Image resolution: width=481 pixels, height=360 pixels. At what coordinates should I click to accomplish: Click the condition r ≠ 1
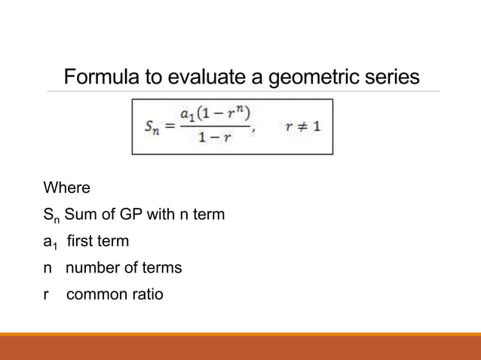303,127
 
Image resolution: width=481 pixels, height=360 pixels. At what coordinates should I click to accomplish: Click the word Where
66,188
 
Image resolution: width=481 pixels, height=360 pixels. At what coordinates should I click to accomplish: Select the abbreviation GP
131,215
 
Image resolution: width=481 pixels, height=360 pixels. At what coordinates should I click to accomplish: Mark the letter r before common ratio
47,294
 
